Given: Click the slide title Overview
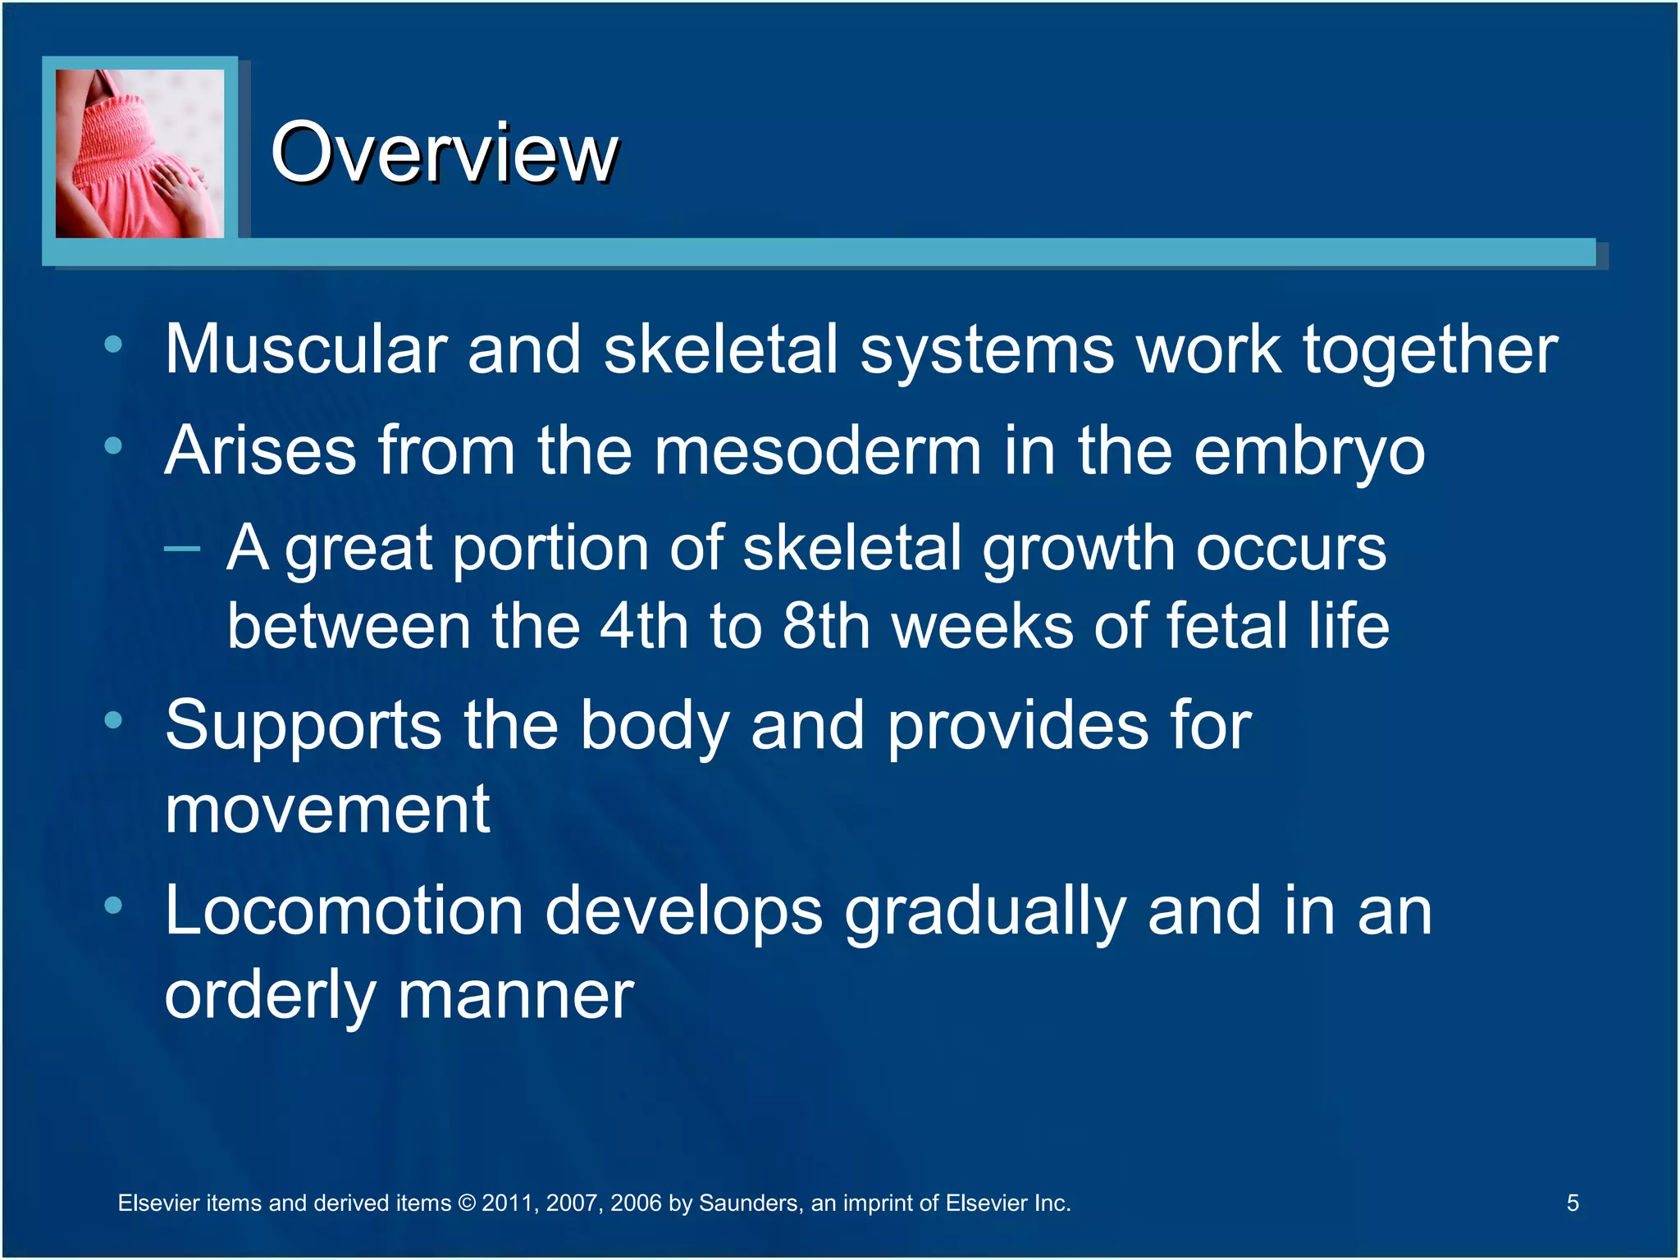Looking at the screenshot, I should point(444,153).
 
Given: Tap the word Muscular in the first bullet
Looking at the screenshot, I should point(305,349).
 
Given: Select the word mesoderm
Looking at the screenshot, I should point(817,451).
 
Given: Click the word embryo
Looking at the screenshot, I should point(1309,453).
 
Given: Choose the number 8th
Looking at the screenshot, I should point(825,627).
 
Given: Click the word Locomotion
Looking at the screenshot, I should point(344,911).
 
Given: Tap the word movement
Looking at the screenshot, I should point(327,810).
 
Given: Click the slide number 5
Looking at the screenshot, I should point(1573,1203).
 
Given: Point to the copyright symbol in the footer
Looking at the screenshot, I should point(466,1203).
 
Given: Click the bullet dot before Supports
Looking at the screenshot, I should point(113,720).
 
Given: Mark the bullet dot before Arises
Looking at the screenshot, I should point(113,446).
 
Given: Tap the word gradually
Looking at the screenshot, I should point(984,912).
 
